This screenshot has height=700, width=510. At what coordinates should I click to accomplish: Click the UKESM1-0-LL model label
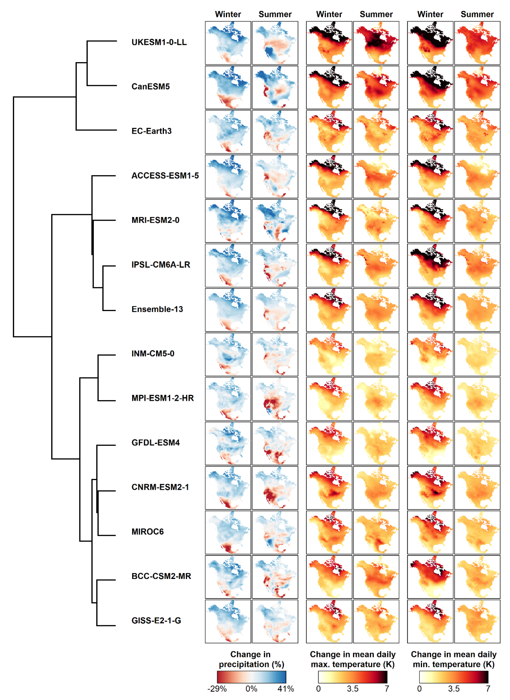[159, 42]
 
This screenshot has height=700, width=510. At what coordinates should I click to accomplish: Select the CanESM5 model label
[150, 87]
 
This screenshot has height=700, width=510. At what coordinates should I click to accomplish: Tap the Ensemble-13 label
[157, 309]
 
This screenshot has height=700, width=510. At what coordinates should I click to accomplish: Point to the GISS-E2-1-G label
[156, 620]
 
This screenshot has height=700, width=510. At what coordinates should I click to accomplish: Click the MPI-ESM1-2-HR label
[162, 398]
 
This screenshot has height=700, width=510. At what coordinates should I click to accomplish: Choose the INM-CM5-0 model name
[153, 353]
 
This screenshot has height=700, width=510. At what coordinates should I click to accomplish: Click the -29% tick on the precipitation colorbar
[217, 689]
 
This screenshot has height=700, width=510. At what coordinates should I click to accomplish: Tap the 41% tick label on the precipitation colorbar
[285, 689]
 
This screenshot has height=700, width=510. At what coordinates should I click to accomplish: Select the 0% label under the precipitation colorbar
[251, 689]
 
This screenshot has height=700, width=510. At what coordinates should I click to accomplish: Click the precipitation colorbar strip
[251, 677]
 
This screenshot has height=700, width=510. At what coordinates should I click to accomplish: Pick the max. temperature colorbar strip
[352, 677]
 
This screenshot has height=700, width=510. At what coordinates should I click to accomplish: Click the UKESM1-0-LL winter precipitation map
[228, 43]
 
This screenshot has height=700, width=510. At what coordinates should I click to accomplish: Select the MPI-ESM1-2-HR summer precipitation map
[275, 399]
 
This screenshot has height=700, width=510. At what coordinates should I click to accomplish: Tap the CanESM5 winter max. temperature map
[329, 87]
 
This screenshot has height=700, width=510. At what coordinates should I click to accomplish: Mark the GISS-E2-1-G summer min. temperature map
[477, 621]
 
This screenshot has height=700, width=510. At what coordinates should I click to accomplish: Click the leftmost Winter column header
[228, 14]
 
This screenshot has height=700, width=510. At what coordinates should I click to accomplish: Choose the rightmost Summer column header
[477, 14]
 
